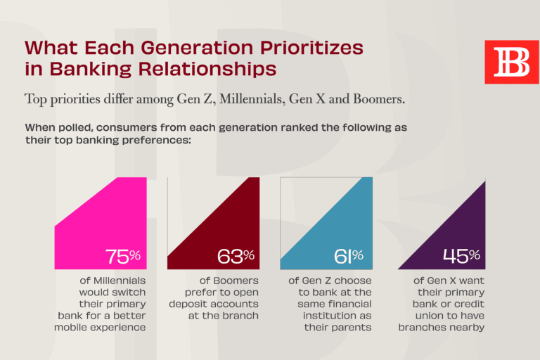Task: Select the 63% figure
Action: [236, 257]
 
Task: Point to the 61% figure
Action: [348, 257]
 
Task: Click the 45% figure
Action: [461, 257]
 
